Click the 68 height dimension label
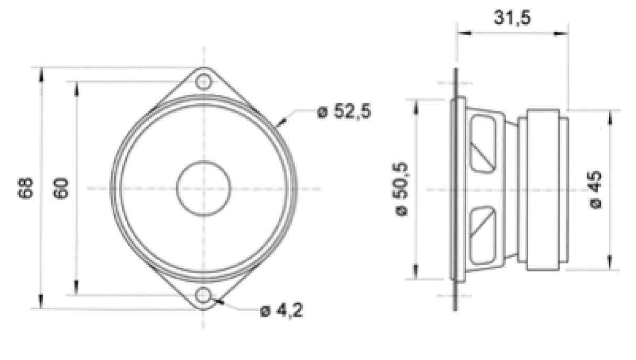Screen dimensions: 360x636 (x=26, y=188)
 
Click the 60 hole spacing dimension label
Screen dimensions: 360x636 (x=61, y=188)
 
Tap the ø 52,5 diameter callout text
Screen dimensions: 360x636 (x=344, y=112)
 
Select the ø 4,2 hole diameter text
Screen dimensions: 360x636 (x=281, y=311)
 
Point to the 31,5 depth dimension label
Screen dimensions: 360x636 (x=512, y=18)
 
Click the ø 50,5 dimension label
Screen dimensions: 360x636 (x=403, y=189)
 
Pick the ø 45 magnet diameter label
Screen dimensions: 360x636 (x=596, y=189)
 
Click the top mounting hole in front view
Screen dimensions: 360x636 (x=203, y=82)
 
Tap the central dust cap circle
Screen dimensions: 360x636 (x=203, y=188)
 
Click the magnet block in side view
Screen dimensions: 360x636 (x=543, y=189)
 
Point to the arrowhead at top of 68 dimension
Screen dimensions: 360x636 (x=41, y=74)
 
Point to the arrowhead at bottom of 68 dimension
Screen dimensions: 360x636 (x=41, y=302)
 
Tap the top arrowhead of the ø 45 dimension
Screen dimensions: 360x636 (x=609, y=117)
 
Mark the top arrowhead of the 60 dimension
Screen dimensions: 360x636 (x=76, y=89)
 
